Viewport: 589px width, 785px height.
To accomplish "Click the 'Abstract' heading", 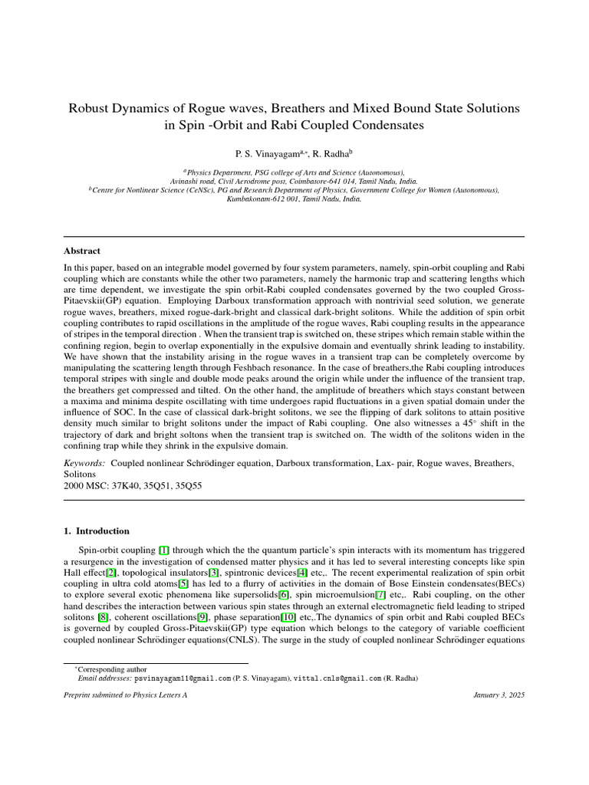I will [x=81, y=251].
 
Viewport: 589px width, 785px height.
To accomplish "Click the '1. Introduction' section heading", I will [x=97, y=530].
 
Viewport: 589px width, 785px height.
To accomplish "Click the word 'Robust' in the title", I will [x=92, y=109].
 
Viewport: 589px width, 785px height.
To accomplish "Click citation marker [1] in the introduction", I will [x=164, y=550].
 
